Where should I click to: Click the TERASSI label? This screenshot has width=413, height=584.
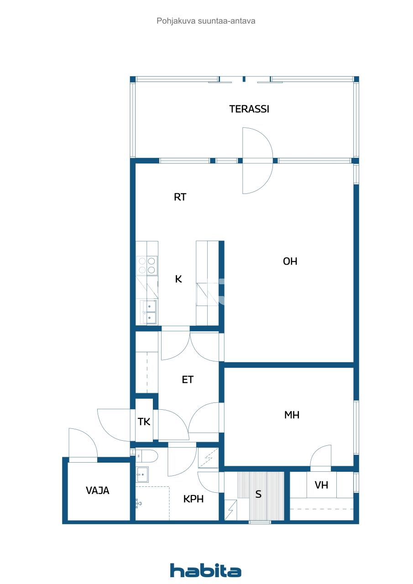(x=249, y=109)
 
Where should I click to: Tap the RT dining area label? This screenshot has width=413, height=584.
(x=180, y=197)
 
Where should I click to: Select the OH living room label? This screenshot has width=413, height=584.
(x=290, y=261)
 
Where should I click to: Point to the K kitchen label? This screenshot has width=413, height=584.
(x=178, y=279)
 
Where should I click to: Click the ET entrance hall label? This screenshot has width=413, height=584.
(x=188, y=380)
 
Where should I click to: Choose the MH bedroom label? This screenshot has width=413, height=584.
(x=292, y=415)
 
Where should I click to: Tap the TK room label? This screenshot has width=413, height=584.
(x=144, y=422)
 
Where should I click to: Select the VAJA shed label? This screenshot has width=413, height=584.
(x=98, y=491)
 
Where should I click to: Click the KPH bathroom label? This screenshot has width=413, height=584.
(x=193, y=499)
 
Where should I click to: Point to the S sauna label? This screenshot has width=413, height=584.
(x=258, y=494)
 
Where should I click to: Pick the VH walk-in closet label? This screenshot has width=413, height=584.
(x=321, y=485)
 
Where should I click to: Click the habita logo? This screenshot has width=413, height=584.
(x=206, y=571)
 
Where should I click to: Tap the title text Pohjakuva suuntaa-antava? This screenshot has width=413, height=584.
(x=206, y=21)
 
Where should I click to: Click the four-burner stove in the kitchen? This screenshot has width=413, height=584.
(x=147, y=266)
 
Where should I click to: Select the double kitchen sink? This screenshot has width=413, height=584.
(x=147, y=312)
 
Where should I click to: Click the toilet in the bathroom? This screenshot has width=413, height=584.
(x=147, y=455)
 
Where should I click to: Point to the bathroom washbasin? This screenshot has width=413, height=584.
(x=143, y=475)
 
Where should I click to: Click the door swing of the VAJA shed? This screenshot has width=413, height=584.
(x=82, y=443)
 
